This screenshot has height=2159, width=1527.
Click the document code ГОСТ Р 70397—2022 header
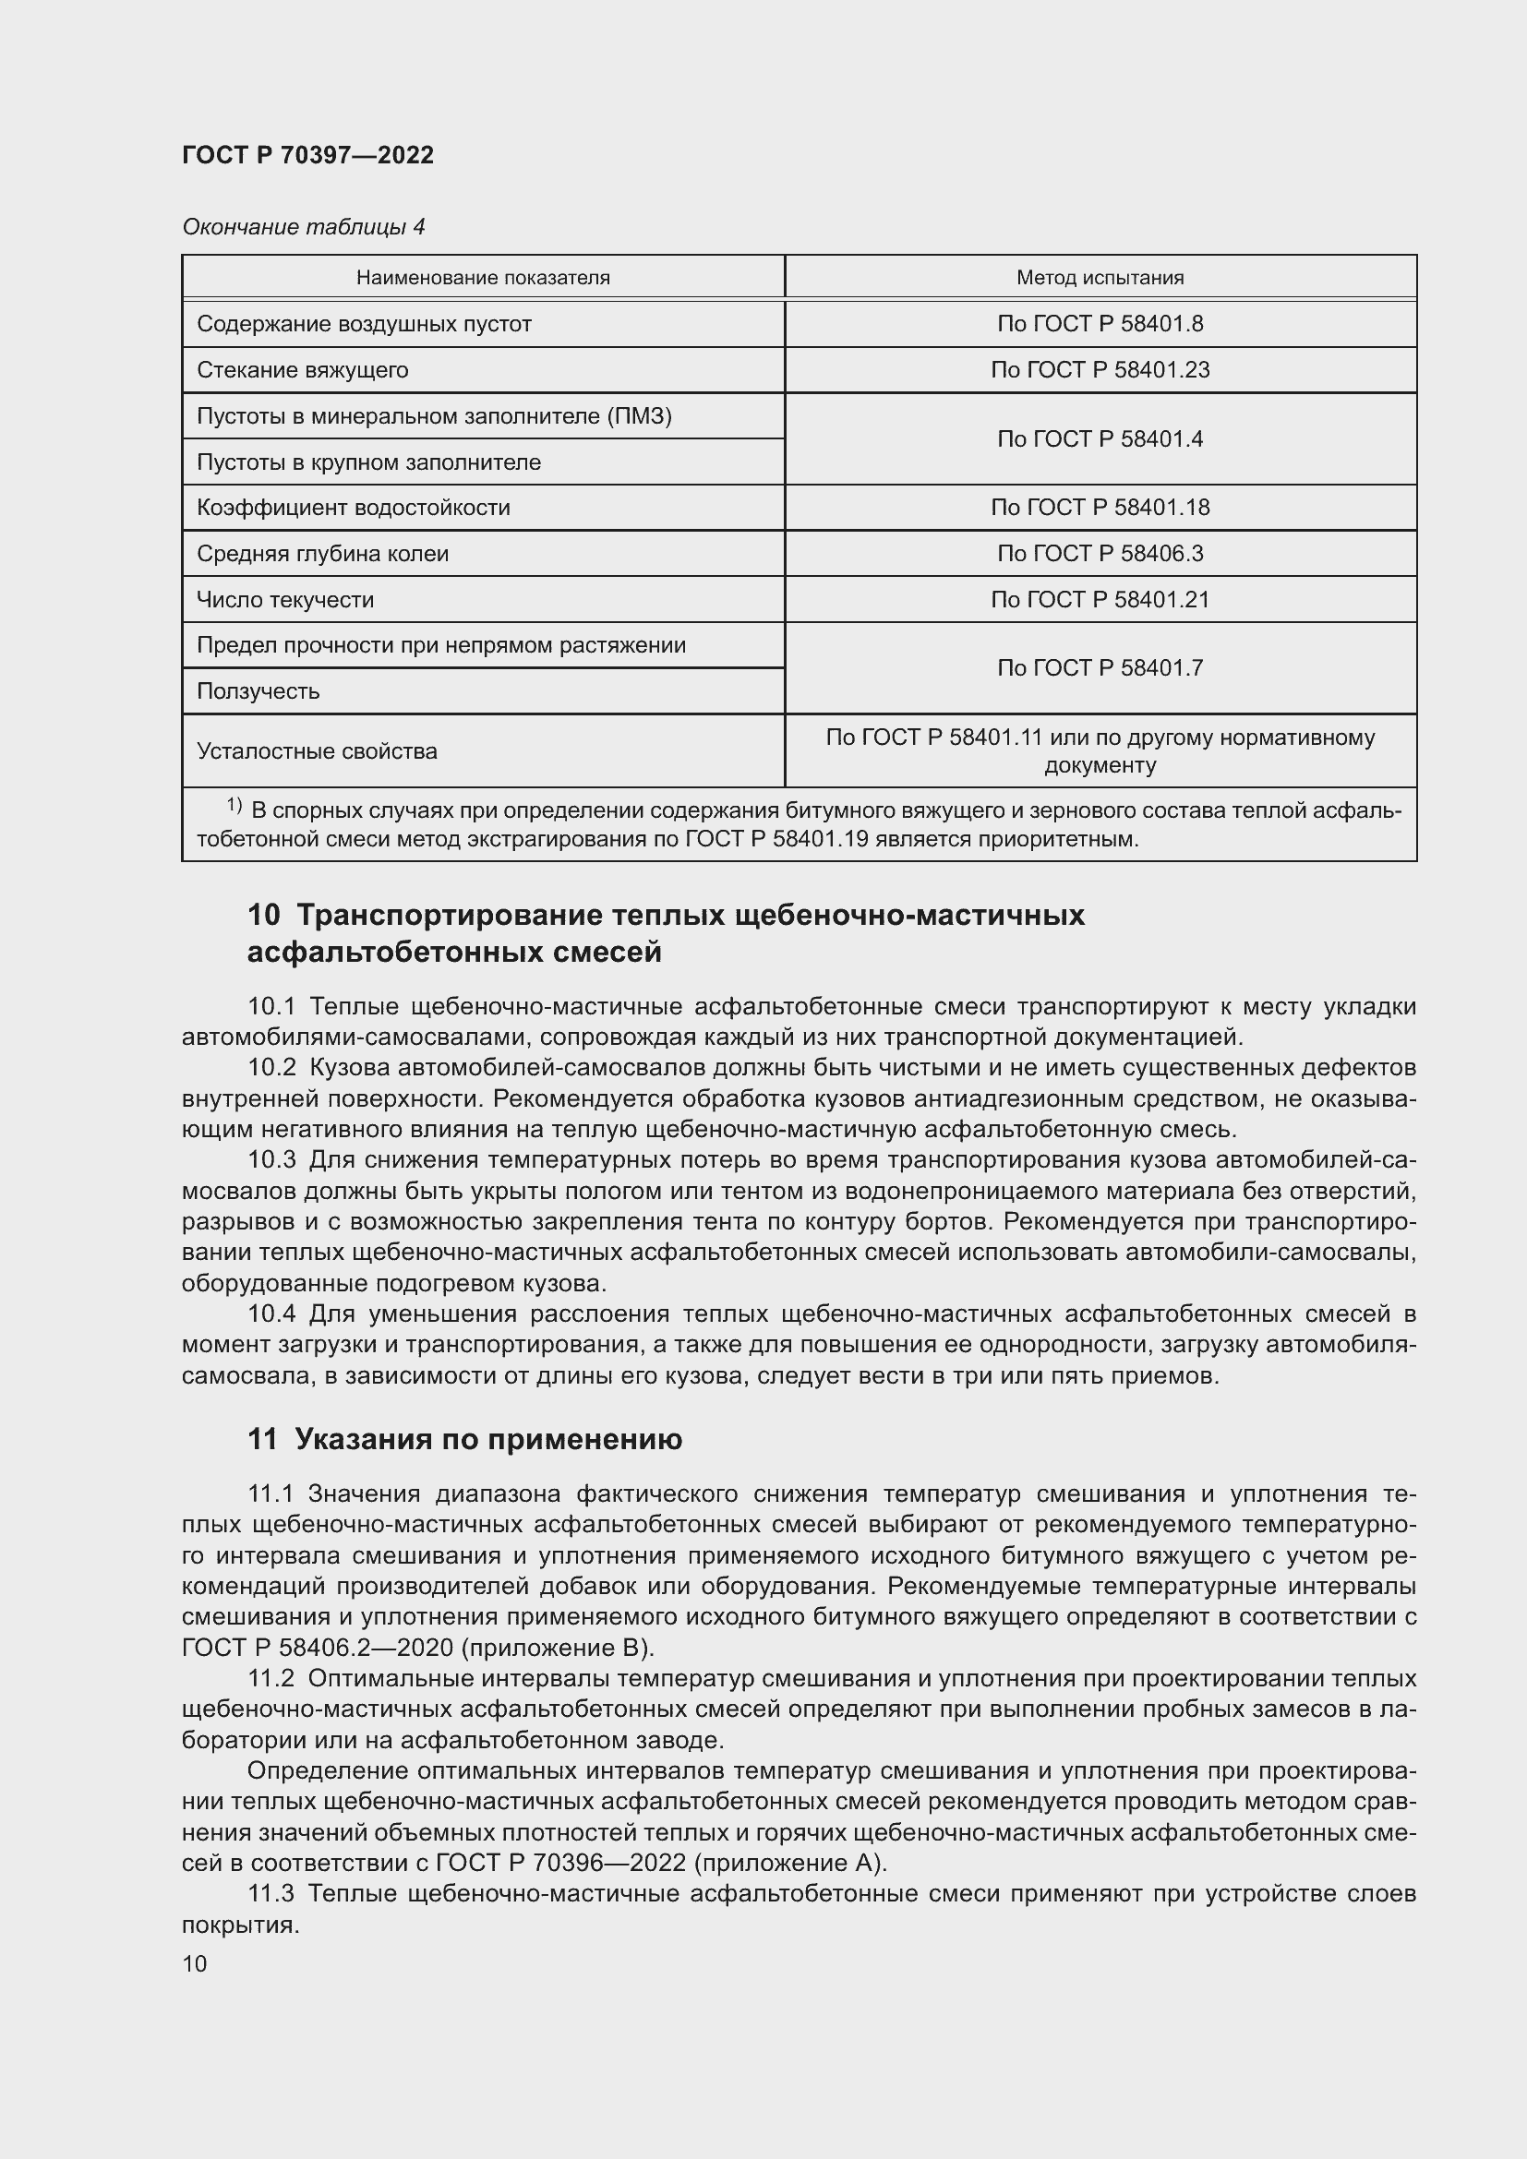[x=307, y=155]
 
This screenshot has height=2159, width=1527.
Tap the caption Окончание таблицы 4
[x=303, y=227]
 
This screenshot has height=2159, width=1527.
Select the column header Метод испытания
[x=1100, y=278]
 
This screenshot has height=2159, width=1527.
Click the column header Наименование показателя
[x=482, y=278]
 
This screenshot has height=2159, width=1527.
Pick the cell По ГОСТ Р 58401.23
[x=1100, y=369]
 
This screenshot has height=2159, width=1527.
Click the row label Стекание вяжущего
[x=302, y=369]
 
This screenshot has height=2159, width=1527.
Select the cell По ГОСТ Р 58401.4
[x=1100, y=439]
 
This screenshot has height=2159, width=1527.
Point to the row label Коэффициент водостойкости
[x=353, y=508]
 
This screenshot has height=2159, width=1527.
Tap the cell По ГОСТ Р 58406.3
[x=1100, y=553]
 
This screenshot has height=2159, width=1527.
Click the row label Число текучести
[x=285, y=599]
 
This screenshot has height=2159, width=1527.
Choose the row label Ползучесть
[x=258, y=691]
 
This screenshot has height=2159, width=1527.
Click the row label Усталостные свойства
[x=317, y=751]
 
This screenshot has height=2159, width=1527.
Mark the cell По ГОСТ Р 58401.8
[x=1100, y=323]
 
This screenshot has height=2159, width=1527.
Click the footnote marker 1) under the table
[x=234, y=806]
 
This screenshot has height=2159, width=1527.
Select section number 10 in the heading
[x=263, y=915]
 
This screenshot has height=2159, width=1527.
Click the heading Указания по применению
[x=488, y=1440]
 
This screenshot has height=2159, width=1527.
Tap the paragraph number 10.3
[x=271, y=1160]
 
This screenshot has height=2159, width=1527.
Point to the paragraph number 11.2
[x=271, y=1678]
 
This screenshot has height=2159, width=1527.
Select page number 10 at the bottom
[x=195, y=1963]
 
